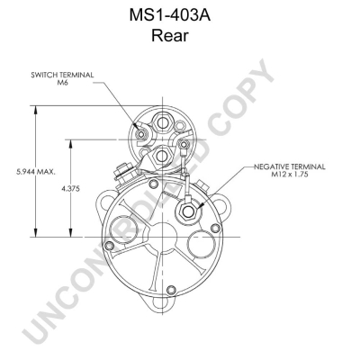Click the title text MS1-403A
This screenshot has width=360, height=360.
[170, 15]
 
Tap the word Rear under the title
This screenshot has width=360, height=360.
[170, 35]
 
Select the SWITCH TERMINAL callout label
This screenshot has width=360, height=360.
[62, 75]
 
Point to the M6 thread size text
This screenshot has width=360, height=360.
[63, 83]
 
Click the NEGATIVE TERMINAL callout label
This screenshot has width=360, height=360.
[290, 166]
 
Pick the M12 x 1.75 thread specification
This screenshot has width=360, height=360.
[289, 175]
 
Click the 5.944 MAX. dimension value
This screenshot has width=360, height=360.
[36, 172]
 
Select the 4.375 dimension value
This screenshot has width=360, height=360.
[71, 189]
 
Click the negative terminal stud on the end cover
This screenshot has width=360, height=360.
[188, 211]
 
